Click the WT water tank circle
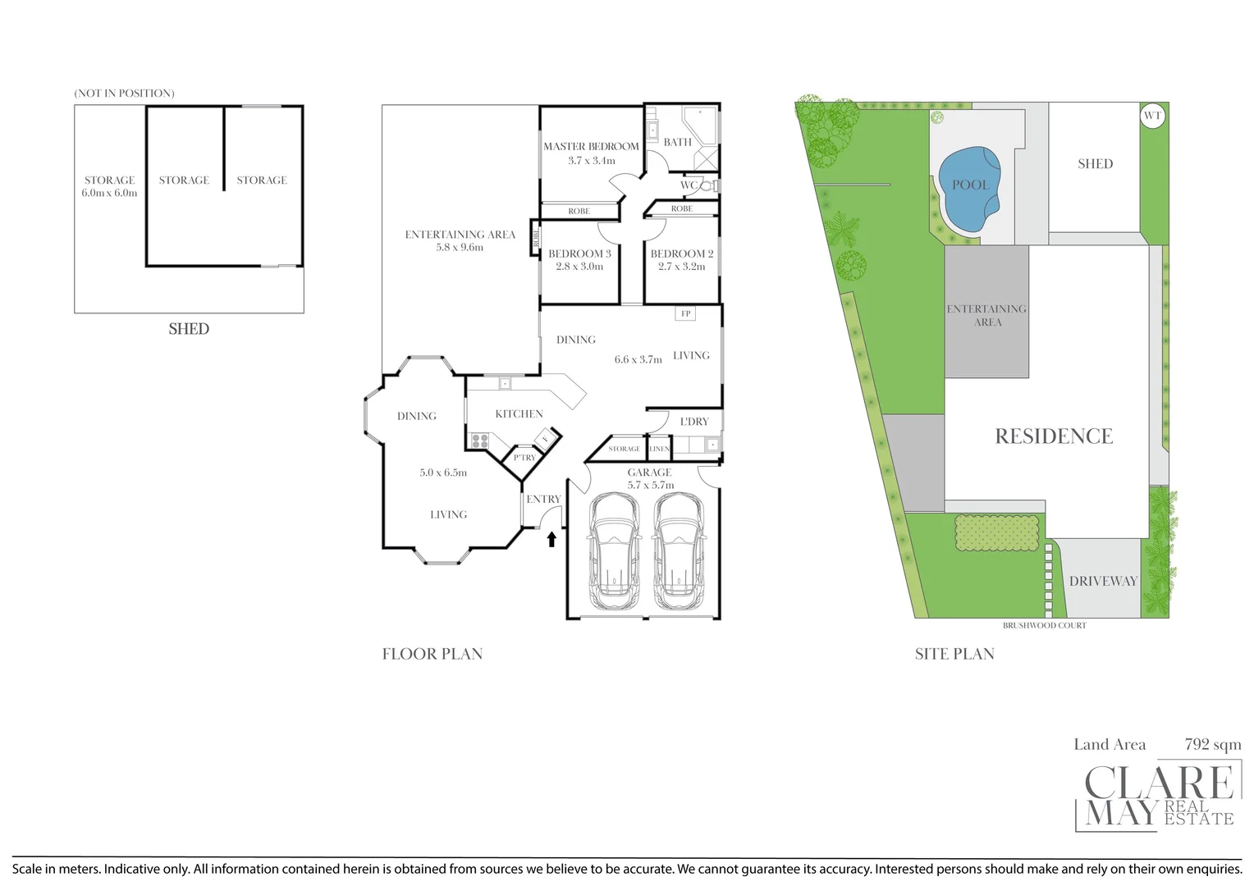pos(1152,116)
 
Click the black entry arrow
pos(551,539)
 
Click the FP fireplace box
pos(685,313)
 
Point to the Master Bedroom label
pos(591,147)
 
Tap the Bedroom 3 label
pos(579,254)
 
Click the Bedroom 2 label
pos(682,254)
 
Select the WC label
pos(689,185)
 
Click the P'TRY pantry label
pos(524,458)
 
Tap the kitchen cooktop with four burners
pos(478,441)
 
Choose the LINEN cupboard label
pos(660,449)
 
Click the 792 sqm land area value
pos(1212,745)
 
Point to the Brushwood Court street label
pos(1044,625)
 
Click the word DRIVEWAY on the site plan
pos(1103,581)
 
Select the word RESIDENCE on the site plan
pos(1054,436)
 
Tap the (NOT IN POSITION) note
pos(124,94)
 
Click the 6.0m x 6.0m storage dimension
pos(109,194)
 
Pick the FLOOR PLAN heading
pos(432,654)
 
